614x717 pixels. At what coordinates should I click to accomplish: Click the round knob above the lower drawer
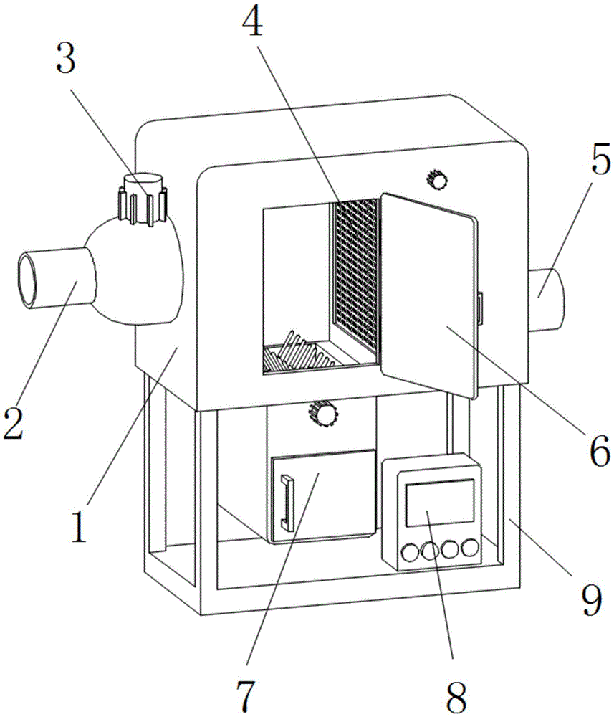coord(324,414)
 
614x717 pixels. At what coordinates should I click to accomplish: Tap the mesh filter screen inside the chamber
coord(355,272)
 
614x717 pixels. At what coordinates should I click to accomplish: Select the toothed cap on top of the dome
coord(143,199)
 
